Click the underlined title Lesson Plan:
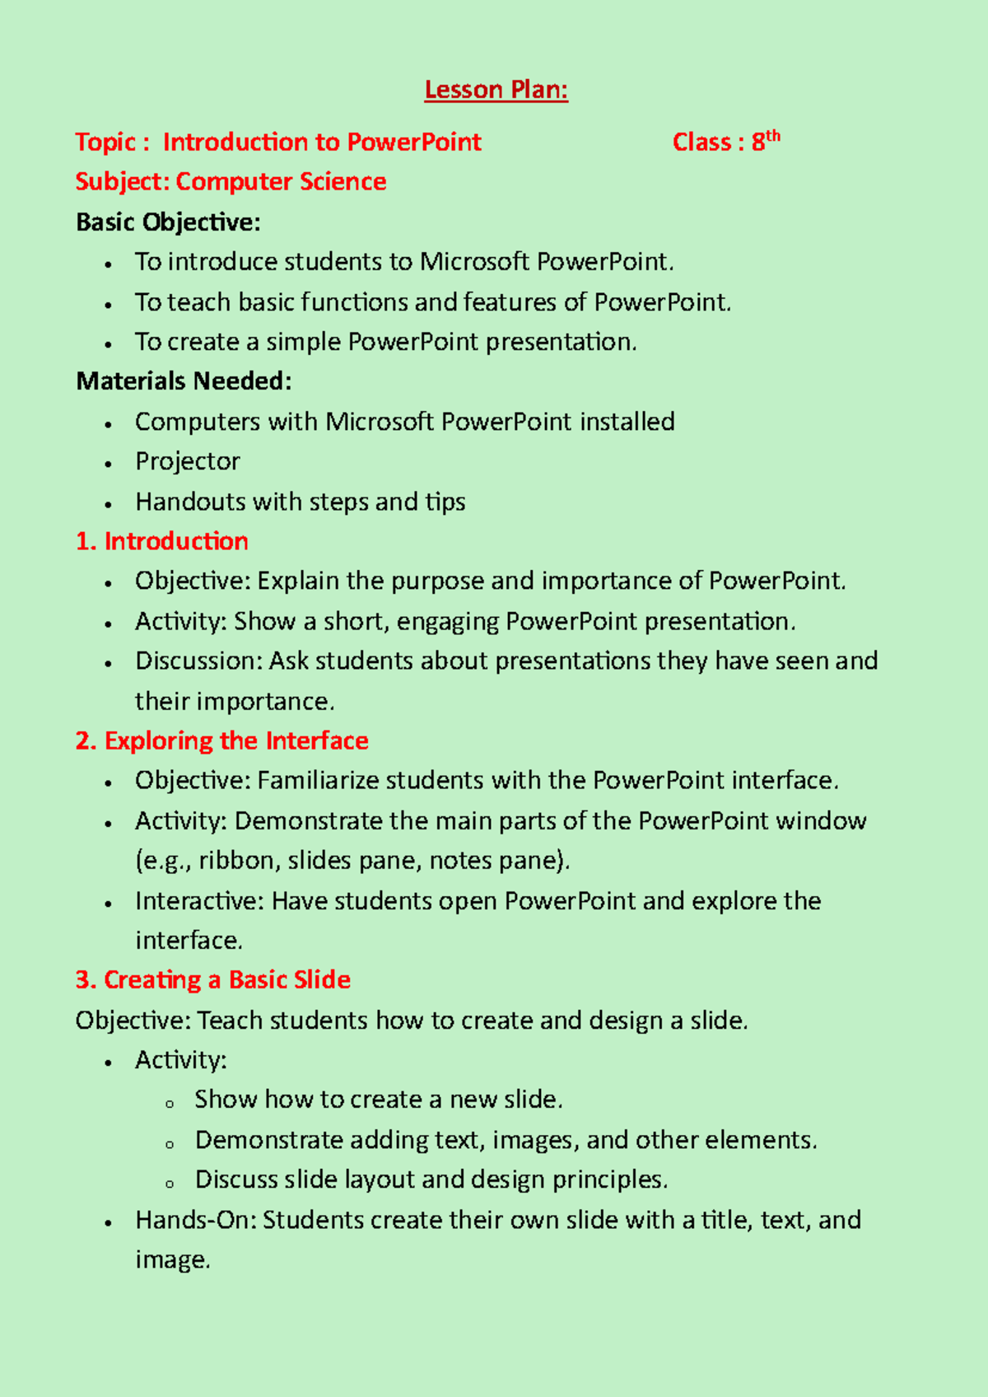coord(496,90)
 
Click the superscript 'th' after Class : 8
coord(773,137)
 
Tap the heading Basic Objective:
coord(168,222)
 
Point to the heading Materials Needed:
coord(184,381)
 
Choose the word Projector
coord(188,461)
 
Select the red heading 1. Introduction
coord(161,541)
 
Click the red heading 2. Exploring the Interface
coord(221,741)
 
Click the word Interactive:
coord(199,900)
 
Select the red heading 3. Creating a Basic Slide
coord(212,980)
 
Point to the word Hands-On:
coord(195,1220)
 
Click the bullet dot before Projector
coord(108,464)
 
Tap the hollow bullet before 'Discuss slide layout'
coord(170,1184)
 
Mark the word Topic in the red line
coord(105,142)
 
